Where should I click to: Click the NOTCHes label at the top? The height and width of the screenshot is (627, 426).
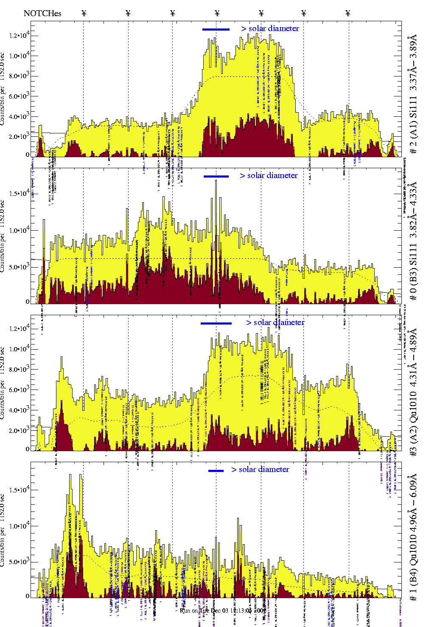pos(42,13)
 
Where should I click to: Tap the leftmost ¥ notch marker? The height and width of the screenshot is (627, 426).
pos(84,13)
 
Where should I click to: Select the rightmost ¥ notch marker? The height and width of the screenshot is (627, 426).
pos(348,13)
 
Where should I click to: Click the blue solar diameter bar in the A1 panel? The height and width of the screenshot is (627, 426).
pos(216,29)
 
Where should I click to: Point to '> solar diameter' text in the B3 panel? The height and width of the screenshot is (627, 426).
pos(269,175)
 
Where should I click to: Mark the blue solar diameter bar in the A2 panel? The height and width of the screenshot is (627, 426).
pos(216,323)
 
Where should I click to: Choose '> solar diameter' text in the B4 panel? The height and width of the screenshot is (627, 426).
pos(260,469)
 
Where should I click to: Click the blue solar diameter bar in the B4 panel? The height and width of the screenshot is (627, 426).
pos(216,471)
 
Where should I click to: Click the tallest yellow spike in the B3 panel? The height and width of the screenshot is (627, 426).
pos(216,182)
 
